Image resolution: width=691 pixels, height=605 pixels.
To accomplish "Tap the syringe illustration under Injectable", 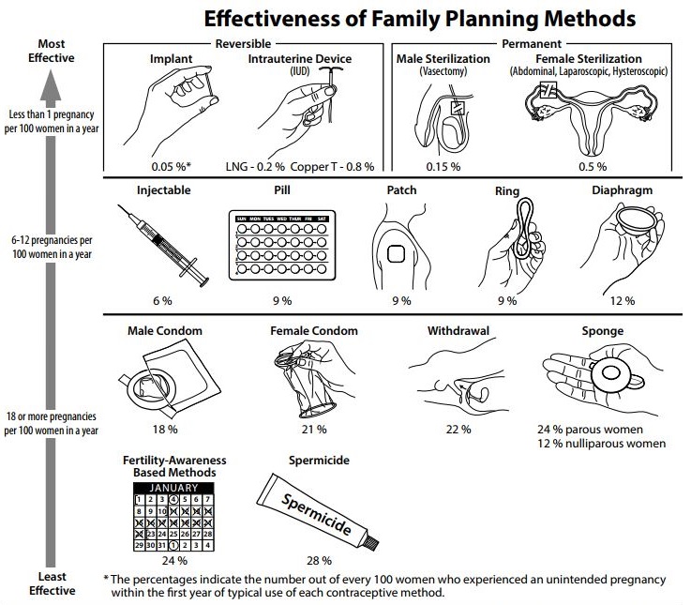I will coord(163,243).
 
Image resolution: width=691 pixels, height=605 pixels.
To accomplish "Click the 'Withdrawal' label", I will coord(455,330).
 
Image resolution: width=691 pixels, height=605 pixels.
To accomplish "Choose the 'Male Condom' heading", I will coord(165,330).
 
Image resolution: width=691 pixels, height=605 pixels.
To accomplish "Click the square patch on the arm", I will coord(397,253).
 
